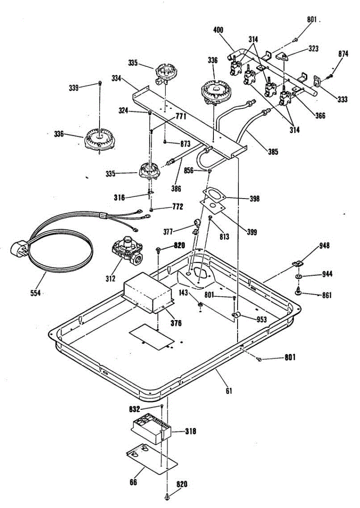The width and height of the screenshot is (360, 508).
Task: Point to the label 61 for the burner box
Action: (229, 391)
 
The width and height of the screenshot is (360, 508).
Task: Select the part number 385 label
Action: (273, 151)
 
